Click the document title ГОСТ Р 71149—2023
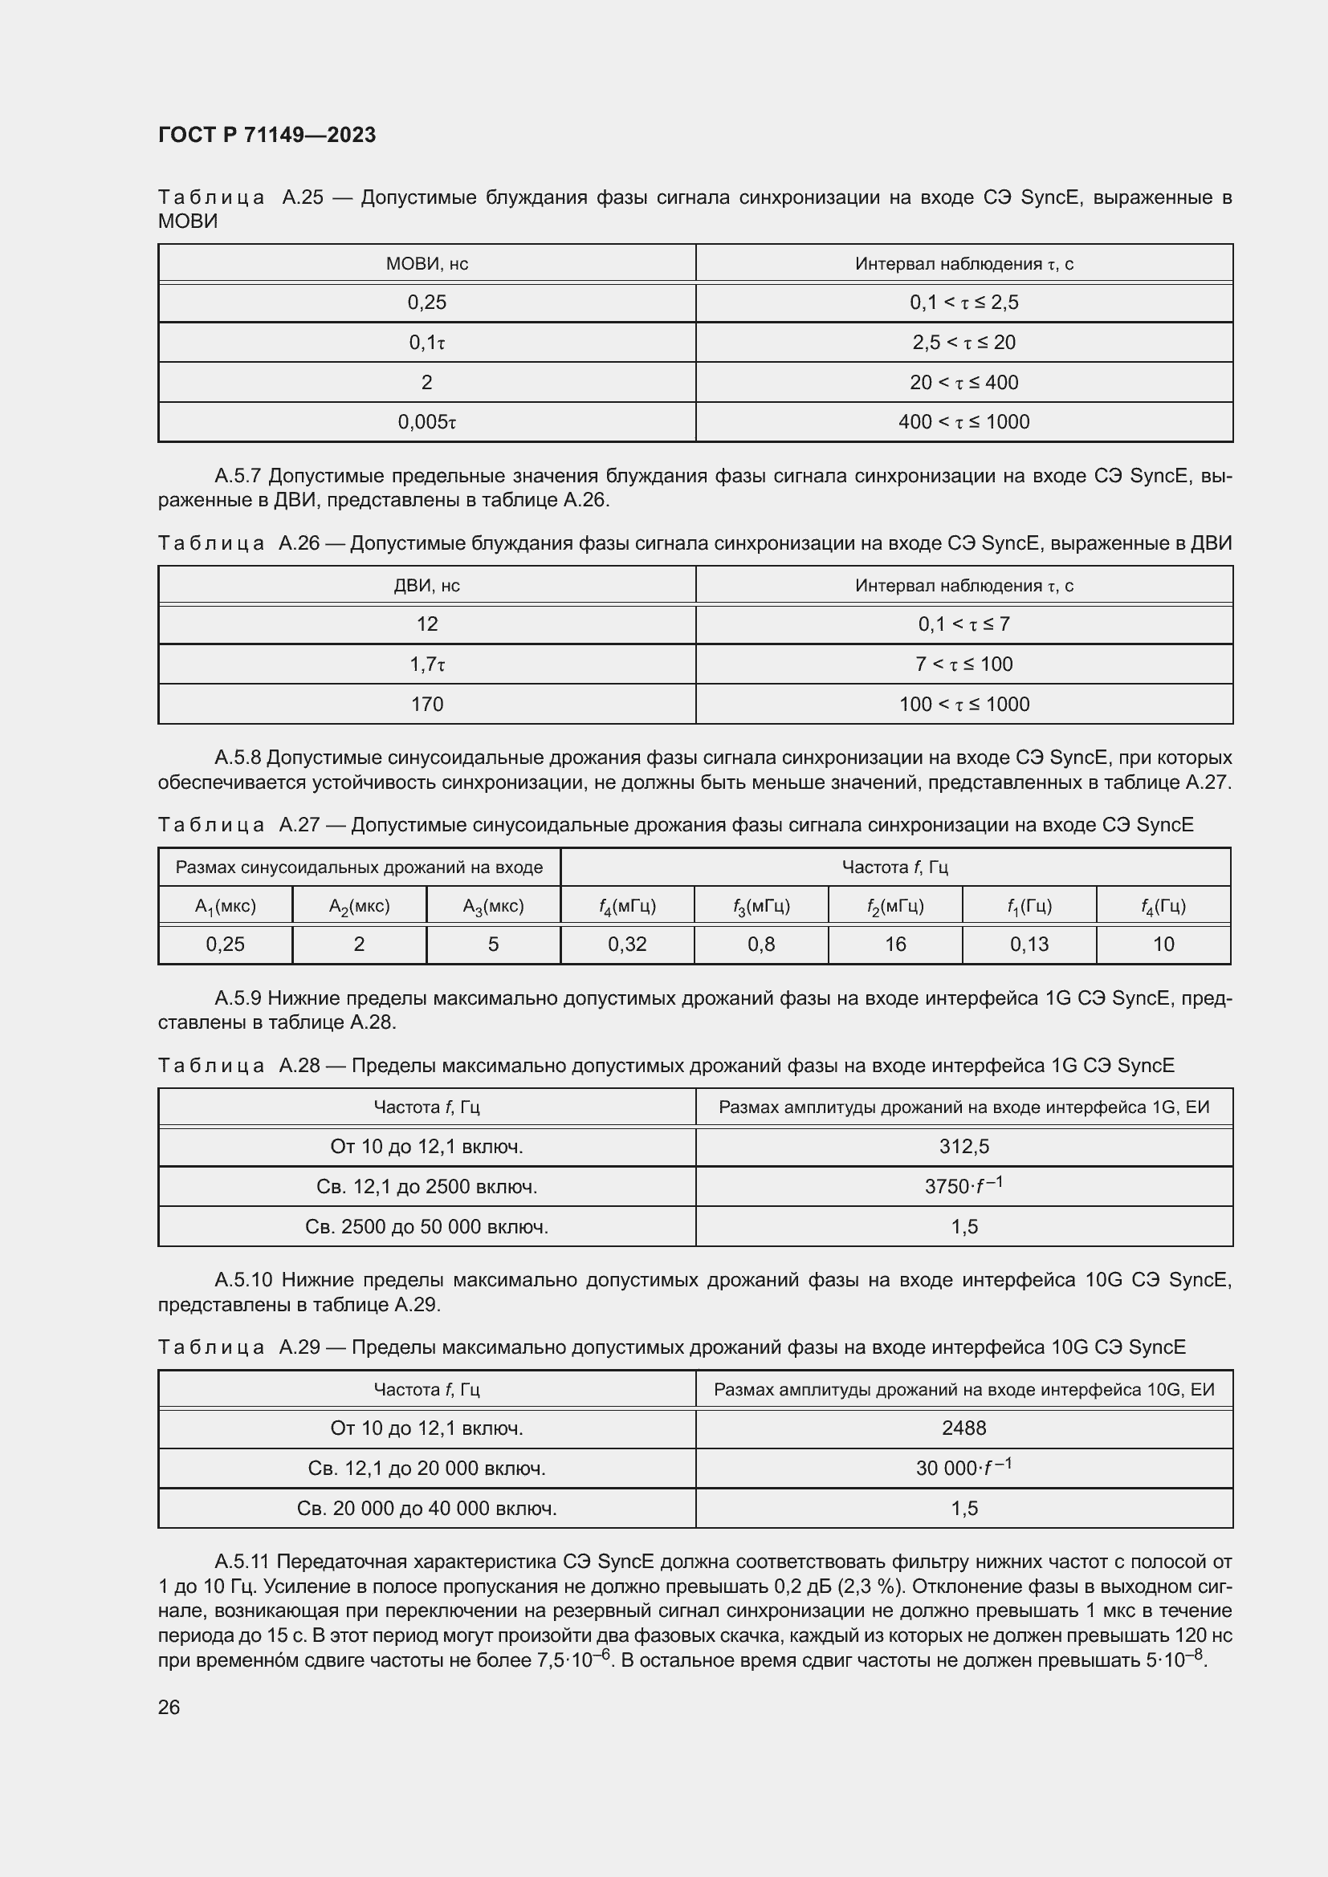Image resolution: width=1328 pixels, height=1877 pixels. (x=267, y=135)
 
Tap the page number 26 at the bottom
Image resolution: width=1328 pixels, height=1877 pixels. (x=169, y=1707)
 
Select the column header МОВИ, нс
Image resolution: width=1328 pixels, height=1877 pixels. (x=427, y=263)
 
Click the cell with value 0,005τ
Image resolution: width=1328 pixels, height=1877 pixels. (x=427, y=422)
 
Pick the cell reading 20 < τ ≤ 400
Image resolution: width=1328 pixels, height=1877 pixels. (x=964, y=382)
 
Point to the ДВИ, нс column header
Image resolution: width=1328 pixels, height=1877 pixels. (x=427, y=585)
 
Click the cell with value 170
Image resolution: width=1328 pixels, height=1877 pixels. (x=427, y=704)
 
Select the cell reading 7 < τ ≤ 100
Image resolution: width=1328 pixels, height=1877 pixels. (x=964, y=664)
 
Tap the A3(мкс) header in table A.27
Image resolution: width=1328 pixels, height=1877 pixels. (x=493, y=906)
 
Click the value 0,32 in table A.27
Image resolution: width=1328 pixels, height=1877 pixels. (x=627, y=945)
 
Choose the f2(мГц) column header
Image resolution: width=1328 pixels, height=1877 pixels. (x=895, y=906)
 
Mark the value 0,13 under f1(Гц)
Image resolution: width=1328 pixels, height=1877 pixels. (x=1029, y=945)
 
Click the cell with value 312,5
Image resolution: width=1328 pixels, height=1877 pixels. (x=964, y=1146)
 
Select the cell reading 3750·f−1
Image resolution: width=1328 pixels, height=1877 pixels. (x=964, y=1185)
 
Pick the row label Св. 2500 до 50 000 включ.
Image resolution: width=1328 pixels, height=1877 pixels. (x=427, y=1226)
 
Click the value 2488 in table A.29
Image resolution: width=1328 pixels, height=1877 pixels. (x=964, y=1428)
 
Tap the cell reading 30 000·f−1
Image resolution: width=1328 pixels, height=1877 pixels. (x=964, y=1468)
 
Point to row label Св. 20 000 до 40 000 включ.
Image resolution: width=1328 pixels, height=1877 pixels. (x=427, y=1509)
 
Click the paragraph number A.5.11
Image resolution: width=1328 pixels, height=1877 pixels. (x=242, y=1562)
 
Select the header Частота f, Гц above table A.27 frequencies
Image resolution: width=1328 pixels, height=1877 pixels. (x=895, y=867)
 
